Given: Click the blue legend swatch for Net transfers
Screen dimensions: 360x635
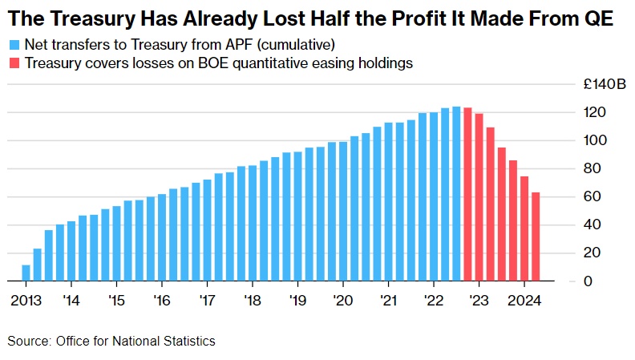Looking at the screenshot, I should (x=14, y=44).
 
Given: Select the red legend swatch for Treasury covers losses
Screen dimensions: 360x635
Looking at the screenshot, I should (x=14, y=63).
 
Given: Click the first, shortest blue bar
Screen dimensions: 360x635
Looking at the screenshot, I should (x=26, y=273).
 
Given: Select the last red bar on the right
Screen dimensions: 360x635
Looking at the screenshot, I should (x=536, y=237).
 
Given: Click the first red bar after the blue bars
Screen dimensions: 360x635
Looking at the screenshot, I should (x=467, y=194).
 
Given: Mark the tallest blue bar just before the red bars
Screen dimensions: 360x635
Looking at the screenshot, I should (x=456, y=193).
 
